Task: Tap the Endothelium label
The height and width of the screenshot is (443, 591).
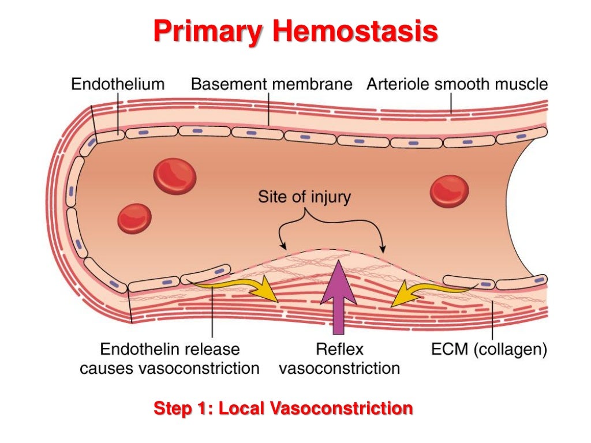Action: point(118,84)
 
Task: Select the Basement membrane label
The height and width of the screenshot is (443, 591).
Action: point(271,84)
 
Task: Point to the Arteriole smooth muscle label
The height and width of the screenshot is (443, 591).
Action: point(457,84)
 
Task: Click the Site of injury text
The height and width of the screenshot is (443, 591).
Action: point(304,197)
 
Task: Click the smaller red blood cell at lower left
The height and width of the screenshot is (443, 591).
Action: point(134,219)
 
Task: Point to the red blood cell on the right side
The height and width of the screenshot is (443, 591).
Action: point(449,191)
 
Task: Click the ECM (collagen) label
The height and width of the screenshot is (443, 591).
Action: point(489,350)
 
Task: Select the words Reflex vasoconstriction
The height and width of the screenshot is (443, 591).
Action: point(339,359)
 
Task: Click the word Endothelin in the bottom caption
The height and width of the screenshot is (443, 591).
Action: point(136,350)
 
